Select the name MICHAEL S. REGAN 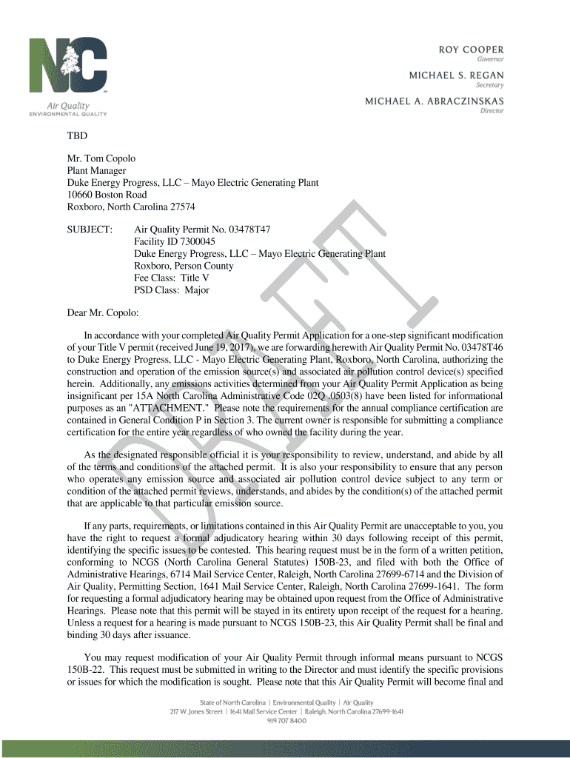pos(457,76)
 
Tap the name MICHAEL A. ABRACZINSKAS pos(435,101)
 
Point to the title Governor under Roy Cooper pos(490,58)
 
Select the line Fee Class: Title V pos(171,278)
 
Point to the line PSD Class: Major pos(171,290)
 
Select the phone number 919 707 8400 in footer pos(286,722)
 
